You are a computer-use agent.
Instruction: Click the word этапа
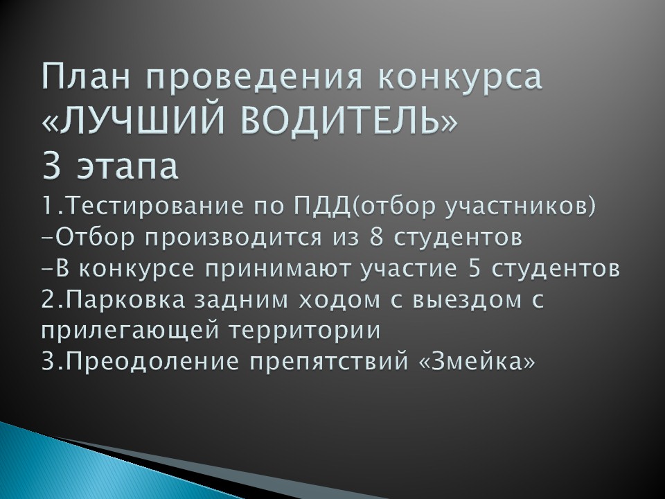coord(127,167)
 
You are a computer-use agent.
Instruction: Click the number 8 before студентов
coord(377,237)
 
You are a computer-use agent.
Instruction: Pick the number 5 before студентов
coord(475,269)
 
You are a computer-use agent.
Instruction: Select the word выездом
coord(466,300)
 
